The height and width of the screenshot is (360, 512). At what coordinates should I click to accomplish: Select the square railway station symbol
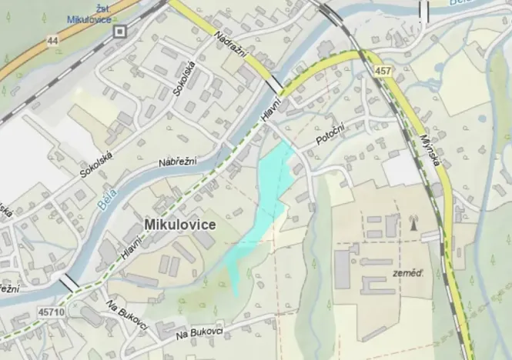point(119,31)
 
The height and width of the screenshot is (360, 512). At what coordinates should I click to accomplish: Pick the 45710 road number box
point(50,313)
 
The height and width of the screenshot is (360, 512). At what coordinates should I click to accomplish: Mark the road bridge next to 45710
point(69,283)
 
